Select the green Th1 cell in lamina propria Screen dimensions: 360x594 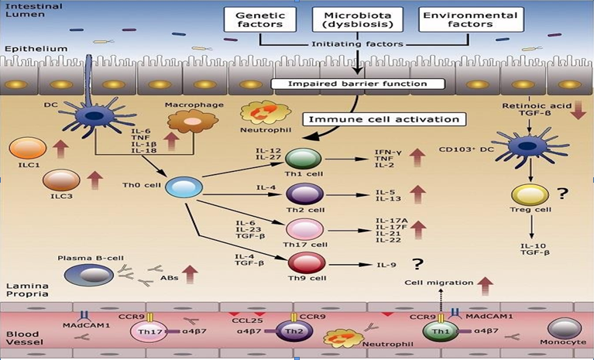pos(304,159)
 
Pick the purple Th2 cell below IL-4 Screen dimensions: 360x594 pos(304,194)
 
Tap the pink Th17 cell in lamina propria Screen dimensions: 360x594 pos(304,228)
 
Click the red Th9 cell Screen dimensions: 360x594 pos(304,263)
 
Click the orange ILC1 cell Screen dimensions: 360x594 pos(28,148)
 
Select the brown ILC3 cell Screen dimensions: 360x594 pos(61,180)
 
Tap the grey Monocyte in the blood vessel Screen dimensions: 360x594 pos(565,327)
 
